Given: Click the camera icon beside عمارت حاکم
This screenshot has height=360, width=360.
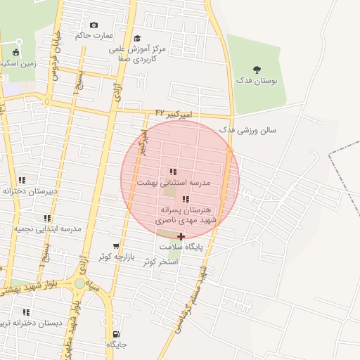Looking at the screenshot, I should click(x=94, y=25).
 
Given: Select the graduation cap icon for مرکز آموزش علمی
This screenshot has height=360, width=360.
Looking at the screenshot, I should click(x=137, y=39).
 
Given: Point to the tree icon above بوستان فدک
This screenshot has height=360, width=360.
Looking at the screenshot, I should click(x=257, y=70).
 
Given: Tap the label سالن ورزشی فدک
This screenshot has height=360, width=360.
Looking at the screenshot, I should click(x=248, y=130).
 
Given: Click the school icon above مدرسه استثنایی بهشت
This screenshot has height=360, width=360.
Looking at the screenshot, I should click(x=173, y=172).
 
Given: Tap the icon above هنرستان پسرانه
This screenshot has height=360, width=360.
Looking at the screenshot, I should click(x=186, y=200).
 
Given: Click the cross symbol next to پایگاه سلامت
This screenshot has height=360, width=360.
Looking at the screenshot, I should click(x=181, y=236).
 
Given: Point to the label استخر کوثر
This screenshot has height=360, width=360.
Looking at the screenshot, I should click(x=161, y=262).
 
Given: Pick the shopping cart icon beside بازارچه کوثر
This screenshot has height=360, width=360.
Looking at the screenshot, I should click(x=116, y=246).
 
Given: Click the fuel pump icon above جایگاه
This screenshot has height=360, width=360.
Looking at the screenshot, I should click(x=116, y=334).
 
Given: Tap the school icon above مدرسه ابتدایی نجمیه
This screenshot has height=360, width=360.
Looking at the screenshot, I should click(x=47, y=219).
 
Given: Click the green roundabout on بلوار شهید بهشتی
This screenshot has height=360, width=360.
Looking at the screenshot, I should click(x=79, y=283).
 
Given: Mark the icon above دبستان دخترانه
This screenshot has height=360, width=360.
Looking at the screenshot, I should click(x=27, y=312).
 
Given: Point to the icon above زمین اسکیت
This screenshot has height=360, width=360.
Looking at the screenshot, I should click(x=16, y=52).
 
